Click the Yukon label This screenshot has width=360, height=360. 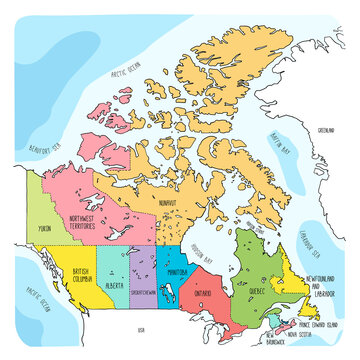[44, 229]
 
